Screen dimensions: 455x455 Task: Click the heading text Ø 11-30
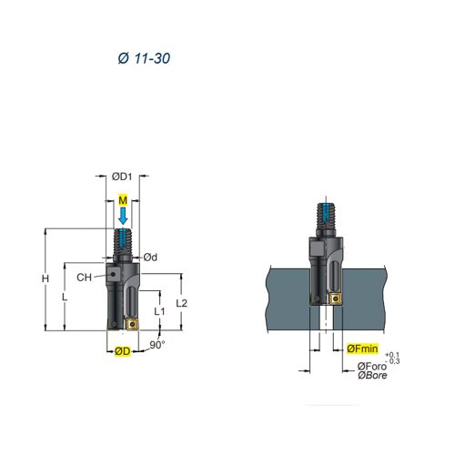tap(144, 58)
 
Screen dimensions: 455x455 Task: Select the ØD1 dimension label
tap(122, 177)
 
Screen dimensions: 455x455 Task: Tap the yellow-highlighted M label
tap(123, 200)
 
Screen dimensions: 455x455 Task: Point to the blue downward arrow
tap(123, 216)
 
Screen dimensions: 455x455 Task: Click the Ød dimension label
tap(150, 258)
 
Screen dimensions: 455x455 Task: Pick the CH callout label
tap(84, 278)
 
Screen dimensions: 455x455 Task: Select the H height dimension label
tap(45, 278)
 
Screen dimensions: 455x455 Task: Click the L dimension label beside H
tap(65, 298)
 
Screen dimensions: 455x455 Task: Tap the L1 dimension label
tap(159, 311)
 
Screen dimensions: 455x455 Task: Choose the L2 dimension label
tap(182, 303)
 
